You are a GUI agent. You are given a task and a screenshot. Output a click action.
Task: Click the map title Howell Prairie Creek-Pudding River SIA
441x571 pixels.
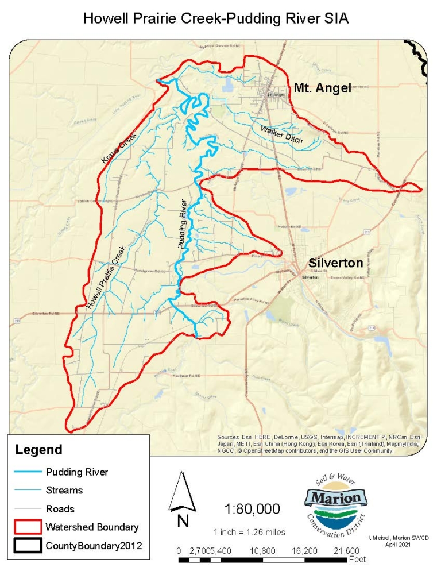[x=216, y=18]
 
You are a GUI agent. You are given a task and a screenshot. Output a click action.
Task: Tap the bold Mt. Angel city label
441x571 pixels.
[x=322, y=88]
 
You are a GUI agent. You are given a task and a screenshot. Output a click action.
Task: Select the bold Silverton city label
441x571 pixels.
[x=335, y=263]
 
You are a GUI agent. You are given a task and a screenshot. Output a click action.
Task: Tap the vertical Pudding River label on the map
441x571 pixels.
[x=183, y=224]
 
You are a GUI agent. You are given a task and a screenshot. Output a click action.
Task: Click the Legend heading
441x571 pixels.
[x=38, y=450]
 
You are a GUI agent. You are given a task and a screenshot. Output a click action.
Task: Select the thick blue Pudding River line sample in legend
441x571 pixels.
[x=28, y=472]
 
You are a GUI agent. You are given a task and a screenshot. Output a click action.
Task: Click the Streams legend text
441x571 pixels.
[x=64, y=490]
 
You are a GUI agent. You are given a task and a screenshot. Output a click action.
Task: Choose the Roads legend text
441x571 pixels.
[x=60, y=508]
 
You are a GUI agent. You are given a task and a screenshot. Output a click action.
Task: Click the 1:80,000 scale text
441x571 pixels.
[x=253, y=509]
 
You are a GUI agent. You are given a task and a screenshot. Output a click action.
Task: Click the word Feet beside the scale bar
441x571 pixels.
[x=358, y=558]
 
